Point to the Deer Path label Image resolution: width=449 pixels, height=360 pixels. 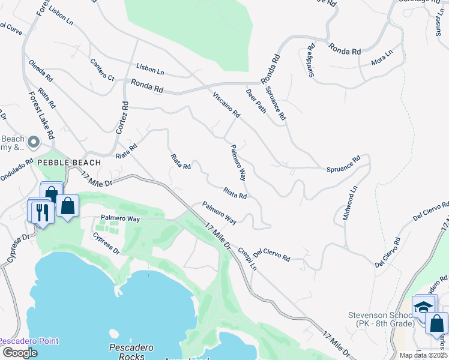coord(256,101)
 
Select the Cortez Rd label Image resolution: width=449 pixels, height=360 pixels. coord(122,117)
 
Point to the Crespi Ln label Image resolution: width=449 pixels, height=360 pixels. coord(248,258)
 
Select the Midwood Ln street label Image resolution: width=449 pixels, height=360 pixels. coord(350,203)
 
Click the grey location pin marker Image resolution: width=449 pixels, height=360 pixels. coord(34,143)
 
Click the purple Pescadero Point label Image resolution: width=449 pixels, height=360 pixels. coord(29,341)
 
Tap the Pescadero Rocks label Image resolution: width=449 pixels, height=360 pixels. coord(130,352)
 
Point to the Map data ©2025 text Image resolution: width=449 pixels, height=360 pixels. coord(423,355)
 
